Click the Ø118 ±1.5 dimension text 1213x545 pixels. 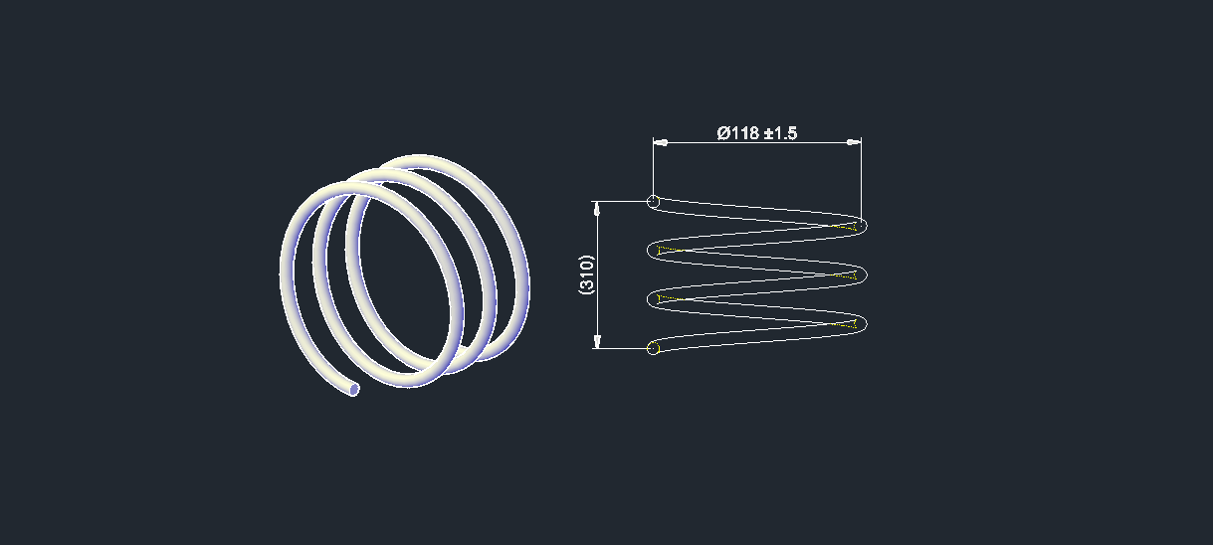click(757, 132)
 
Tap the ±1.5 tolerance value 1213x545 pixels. click(781, 132)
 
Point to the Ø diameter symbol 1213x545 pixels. click(724, 132)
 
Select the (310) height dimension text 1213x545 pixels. click(586, 274)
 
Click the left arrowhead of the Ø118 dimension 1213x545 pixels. click(661, 142)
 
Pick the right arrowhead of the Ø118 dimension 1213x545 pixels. click(854, 142)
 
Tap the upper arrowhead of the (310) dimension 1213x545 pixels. click(597, 209)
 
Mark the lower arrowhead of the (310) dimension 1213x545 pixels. click(597, 341)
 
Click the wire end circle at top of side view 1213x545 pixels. click(654, 202)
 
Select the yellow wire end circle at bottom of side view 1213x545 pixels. click(654, 348)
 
